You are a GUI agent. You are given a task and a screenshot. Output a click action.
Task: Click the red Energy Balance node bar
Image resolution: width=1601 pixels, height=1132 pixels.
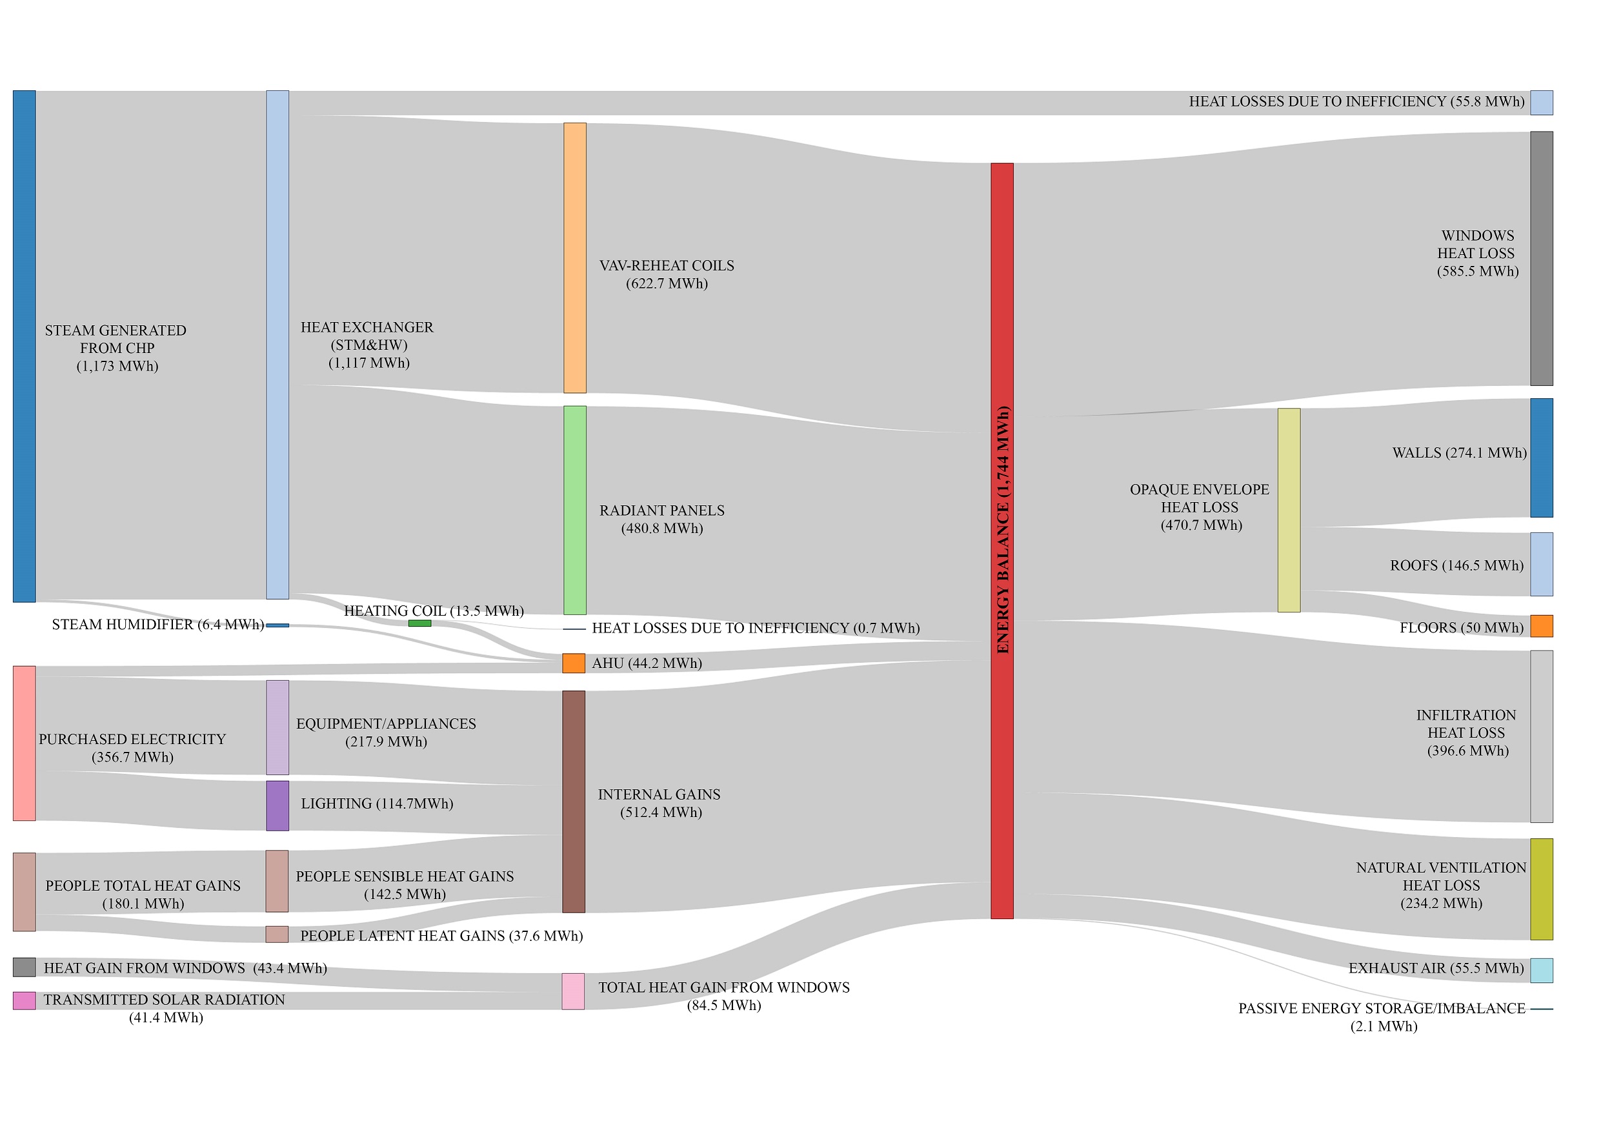click(x=1002, y=541)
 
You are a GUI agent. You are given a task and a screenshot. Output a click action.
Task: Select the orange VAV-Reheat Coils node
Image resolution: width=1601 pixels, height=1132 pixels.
click(x=574, y=258)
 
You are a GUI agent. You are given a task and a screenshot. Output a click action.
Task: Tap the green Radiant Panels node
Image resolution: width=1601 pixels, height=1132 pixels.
click(x=574, y=510)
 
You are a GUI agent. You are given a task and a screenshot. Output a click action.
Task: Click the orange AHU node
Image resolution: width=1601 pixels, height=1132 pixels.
click(x=573, y=663)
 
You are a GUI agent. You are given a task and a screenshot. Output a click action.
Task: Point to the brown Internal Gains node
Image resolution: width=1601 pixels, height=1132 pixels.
click(x=573, y=802)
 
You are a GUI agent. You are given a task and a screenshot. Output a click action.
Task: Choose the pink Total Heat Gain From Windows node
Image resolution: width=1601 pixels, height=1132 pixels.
click(x=573, y=991)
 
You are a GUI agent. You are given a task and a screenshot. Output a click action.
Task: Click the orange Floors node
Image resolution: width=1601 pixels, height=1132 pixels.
click(x=1541, y=625)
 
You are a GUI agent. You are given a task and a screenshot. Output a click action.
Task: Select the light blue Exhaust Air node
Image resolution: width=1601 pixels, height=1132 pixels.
click(x=1541, y=970)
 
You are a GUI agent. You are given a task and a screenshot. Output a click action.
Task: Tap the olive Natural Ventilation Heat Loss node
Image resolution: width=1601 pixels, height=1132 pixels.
click(x=1541, y=889)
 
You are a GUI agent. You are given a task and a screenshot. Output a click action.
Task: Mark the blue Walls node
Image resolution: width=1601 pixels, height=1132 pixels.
click(x=1541, y=458)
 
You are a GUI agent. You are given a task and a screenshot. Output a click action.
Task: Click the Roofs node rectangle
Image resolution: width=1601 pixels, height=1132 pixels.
click(x=1541, y=564)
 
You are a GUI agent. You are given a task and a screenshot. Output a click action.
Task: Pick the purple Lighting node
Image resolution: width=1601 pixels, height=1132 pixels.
click(x=277, y=805)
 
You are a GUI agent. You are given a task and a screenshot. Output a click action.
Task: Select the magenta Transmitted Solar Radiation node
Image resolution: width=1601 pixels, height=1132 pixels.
click(x=24, y=1001)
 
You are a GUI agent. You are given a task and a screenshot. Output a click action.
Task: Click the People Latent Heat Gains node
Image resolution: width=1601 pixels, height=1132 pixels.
click(x=277, y=934)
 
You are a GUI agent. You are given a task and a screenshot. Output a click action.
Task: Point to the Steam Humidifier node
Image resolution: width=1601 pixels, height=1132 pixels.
click(x=277, y=625)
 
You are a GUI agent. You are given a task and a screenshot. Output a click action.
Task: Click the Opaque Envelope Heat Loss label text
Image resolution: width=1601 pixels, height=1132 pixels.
click(x=1200, y=507)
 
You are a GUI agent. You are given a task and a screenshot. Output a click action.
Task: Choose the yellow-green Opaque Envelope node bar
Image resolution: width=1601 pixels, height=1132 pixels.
click(x=1289, y=510)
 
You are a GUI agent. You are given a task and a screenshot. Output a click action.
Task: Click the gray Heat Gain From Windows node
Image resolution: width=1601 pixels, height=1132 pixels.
click(x=24, y=967)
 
